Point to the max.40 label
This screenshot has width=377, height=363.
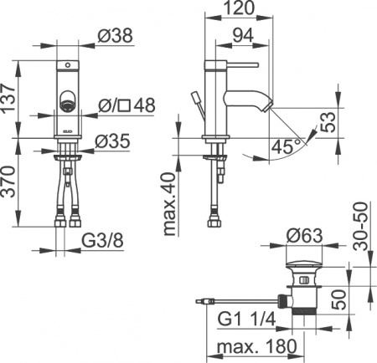[170, 205]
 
